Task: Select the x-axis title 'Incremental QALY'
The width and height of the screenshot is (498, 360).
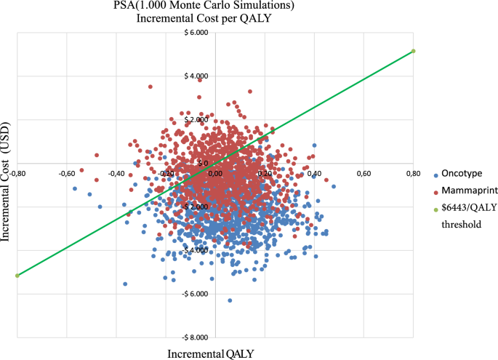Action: pyautogui.click(x=211, y=353)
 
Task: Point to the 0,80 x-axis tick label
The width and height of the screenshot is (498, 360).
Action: pyautogui.click(x=412, y=173)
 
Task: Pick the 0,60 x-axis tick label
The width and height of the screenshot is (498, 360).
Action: pyautogui.click(x=363, y=173)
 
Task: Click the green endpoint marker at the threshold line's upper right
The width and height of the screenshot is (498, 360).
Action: pyautogui.click(x=413, y=51)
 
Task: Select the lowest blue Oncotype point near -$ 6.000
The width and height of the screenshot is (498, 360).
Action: pyautogui.click(x=230, y=300)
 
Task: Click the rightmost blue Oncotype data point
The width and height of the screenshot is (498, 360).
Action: pyautogui.click(x=334, y=187)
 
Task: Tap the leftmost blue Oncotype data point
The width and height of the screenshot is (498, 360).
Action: pyautogui.click(x=74, y=188)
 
